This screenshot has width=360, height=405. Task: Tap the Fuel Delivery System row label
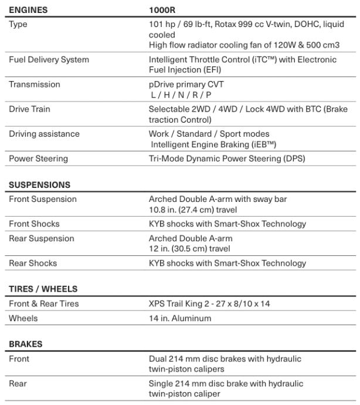click(x=49, y=60)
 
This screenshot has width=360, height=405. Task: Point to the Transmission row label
click(x=35, y=85)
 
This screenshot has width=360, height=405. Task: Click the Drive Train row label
click(x=30, y=109)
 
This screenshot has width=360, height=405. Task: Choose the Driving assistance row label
click(x=44, y=134)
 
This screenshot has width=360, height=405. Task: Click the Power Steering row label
click(x=38, y=158)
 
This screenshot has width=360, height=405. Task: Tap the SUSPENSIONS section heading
click(x=39, y=184)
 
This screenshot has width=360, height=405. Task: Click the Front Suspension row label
click(x=43, y=199)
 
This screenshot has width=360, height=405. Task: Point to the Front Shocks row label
click(x=34, y=224)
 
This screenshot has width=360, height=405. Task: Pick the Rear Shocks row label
click(x=33, y=264)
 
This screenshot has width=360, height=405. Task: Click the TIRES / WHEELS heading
click(x=43, y=289)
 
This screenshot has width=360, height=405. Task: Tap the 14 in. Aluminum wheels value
click(x=180, y=319)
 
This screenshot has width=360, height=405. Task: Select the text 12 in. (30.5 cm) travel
click(x=189, y=248)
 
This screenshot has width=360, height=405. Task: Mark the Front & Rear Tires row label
click(x=44, y=304)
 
